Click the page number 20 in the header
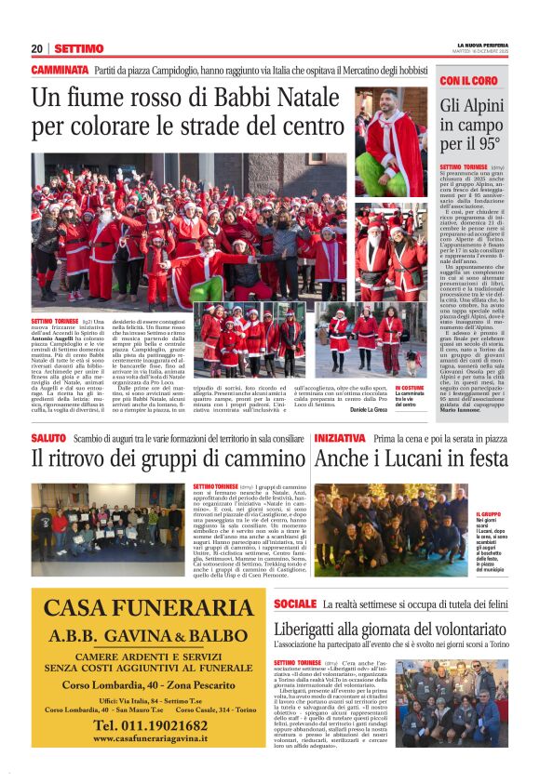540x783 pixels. point(37,48)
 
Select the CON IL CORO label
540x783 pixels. point(468,82)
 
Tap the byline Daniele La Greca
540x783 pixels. point(369,410)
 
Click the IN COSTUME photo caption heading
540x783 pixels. point(410,388)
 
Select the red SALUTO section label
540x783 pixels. point(48,437)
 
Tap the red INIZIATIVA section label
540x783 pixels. point(340,437)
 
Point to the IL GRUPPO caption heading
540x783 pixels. point(489,514)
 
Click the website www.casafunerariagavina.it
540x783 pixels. point(150,738)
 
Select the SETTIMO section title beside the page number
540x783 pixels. point(79,48)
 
